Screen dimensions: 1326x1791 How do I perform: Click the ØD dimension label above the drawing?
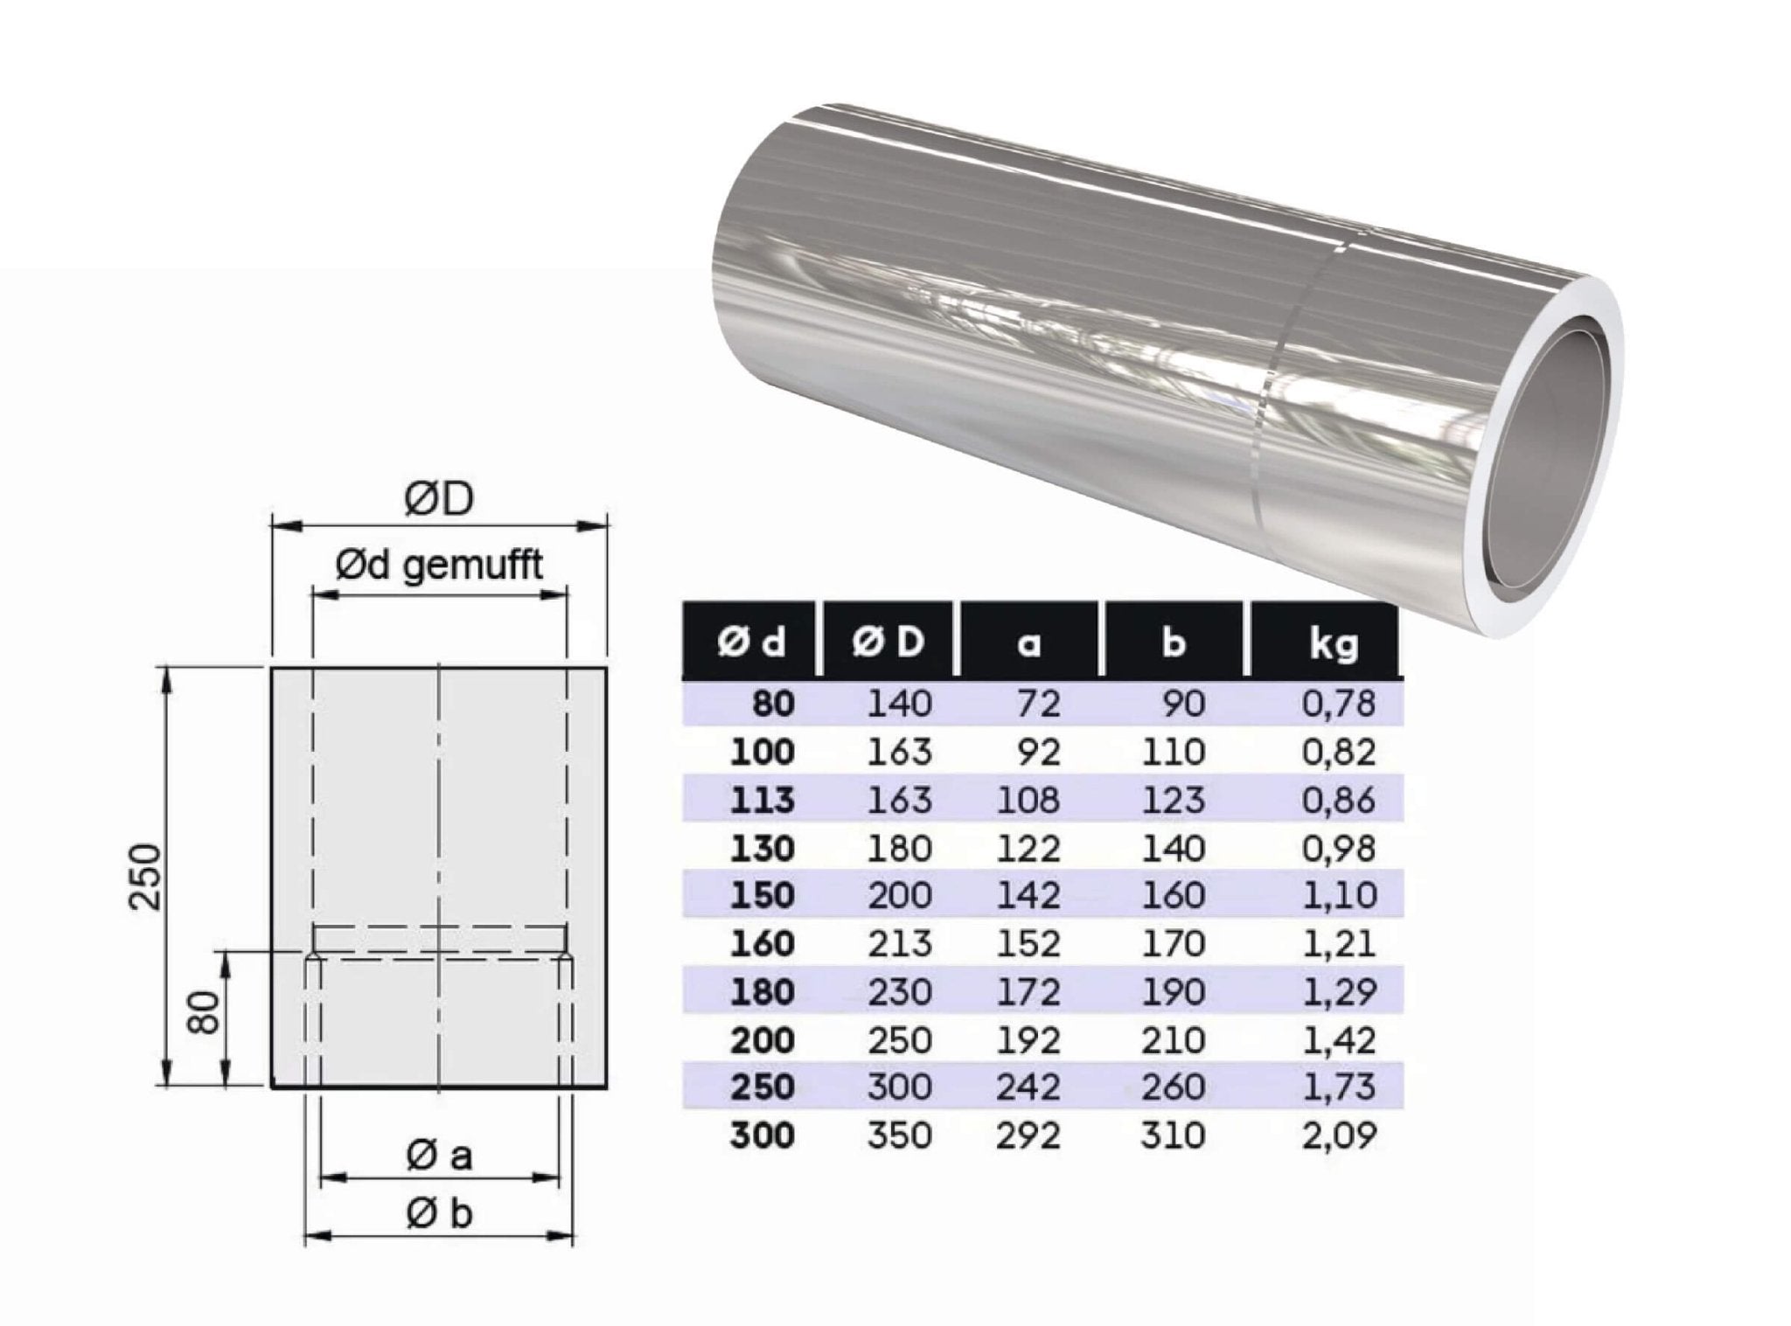pos(439,500)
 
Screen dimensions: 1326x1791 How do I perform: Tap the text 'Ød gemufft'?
pos(439,566)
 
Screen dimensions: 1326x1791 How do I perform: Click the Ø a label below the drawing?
pos(439,1156)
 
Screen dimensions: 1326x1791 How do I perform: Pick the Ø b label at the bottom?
pos(439,1212)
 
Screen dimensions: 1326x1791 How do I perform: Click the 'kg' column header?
pos(1333,642)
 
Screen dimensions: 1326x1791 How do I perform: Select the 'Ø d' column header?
pos(751,642)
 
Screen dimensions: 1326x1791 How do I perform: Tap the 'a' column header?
pos(1028,642)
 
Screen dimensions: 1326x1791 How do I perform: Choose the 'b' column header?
pos(1173,642)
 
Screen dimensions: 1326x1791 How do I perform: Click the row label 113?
pos(763,800)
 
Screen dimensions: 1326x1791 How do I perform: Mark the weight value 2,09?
pos(1339,1135)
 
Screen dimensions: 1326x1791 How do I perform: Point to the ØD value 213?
pos(899,943)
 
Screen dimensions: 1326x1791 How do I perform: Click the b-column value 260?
pos(1173,1086)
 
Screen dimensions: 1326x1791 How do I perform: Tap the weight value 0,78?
pos(1339,703)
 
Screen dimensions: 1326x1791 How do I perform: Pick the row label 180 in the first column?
pos(763,991)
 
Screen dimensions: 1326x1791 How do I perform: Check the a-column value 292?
pos(1028,1135)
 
